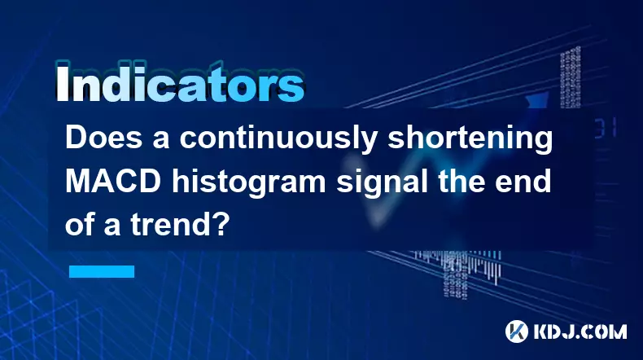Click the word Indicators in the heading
tap(180, 83)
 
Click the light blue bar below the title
tap(102, 271)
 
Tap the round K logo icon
tap(517, 331)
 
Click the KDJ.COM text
tap(580, 331)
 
